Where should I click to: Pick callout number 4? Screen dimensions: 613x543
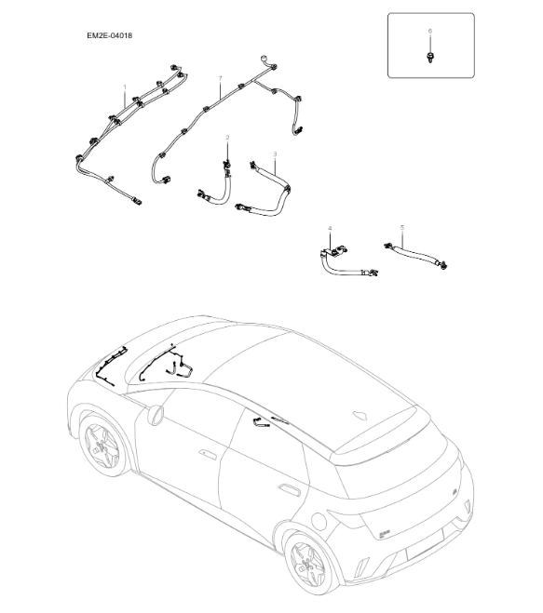pos(329,228)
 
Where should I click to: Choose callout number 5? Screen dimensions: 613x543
pos(401,227)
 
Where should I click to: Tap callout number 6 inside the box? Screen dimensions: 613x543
pos(429,32)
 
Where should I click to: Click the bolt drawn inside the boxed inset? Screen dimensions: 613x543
pos(429,58)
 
